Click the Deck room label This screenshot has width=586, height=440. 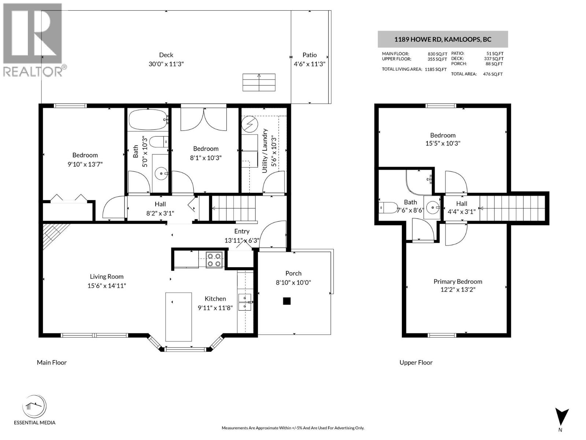pyautogui.click(x=166, y=55)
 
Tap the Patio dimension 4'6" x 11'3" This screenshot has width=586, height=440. pyautogui.click(x=309, y=64)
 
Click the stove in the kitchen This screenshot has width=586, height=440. pyautogui.click(x=213, y=260)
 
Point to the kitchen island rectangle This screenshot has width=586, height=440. pyautogui.click(x=178, y=316)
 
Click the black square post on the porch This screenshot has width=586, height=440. pyautogui.click(x=287, y=301)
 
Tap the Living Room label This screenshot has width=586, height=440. pyautogui.click(x=107, y=276)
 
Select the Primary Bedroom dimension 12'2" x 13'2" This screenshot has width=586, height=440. pyautogui.click(x=457, y=290)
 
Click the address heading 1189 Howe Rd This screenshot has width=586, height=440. pyautogui.click(x=442, y=40)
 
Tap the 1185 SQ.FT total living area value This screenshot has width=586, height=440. pyautogui.click(x=435, y=69)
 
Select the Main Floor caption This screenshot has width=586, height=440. pyautogui.click(x=52, y=362)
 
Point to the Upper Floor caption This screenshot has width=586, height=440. pyautogui.click(x=416, y=362)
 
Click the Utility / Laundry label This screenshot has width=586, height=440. pyautogui.click(x=265, y=151)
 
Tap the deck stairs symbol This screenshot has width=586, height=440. pyautogui.click(x=259, y=82)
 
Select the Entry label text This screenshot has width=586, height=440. pyautogui.click(x=242, y=231)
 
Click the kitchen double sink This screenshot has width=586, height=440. pyautogui.click(x=244, y=302)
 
